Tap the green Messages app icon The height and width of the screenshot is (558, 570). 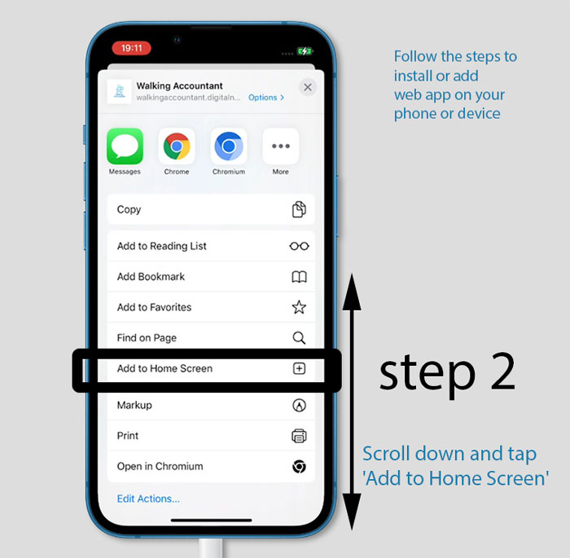(125, 146)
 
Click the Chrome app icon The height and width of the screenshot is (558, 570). (177, 146)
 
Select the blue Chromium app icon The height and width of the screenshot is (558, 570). (229, 146)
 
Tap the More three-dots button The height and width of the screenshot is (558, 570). (281, 146)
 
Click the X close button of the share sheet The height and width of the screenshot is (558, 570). (308, 87)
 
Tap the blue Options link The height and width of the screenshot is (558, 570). (266, 98)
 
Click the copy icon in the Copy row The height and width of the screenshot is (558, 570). (299, 209)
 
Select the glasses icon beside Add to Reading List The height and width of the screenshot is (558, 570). (299, 246)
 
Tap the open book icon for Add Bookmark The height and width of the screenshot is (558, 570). (299, 277)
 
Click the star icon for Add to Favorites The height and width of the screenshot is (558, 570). (299, 307)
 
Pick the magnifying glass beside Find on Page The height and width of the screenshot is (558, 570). (299, 338)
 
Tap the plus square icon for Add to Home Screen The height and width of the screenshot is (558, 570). (299, 368)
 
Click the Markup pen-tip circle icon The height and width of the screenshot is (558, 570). (299, 405)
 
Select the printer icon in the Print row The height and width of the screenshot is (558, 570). (299, 436)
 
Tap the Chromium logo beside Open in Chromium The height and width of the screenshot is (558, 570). (299, 466)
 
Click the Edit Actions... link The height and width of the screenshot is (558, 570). (148, 499)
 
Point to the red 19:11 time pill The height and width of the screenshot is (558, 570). (132, 48)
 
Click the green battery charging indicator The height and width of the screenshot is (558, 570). (305, 51)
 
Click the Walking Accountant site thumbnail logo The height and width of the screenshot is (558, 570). (119, 91)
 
